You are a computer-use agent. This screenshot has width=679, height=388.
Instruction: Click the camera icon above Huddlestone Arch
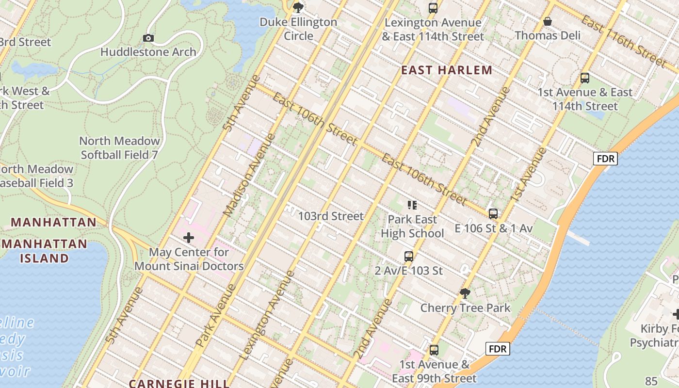click(148, 38)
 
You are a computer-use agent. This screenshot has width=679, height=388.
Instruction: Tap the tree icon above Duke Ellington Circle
click(298, 7)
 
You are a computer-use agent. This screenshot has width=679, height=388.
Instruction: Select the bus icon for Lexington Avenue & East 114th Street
click(433, 8)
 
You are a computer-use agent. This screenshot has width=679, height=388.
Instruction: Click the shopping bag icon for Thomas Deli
click(548, 21)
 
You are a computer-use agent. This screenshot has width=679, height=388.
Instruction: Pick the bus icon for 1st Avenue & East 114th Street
click(585, 78)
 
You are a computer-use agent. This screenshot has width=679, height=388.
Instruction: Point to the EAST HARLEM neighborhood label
click(447, 70)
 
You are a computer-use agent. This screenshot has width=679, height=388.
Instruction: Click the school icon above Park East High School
click(412, 205)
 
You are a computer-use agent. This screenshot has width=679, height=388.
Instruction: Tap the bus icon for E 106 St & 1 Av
click(493, 213)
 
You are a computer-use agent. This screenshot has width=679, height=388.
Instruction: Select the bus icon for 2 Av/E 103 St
click(409, 256)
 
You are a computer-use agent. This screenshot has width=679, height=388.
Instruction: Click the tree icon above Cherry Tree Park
click(465, 293)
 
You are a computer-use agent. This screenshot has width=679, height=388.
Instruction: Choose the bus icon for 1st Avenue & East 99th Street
click(434, 350)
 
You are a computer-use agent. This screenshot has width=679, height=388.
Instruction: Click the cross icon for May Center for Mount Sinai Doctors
click(189, 238)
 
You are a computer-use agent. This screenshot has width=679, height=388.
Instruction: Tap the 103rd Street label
click(330, 216)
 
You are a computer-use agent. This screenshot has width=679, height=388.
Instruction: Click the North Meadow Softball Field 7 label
click(119, 148)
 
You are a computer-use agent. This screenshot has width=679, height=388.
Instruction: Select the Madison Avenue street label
click(249, 175)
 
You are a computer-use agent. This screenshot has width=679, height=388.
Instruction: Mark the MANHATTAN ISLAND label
click(44, 251)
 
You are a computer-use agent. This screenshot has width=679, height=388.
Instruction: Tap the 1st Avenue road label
click(528, 175)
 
